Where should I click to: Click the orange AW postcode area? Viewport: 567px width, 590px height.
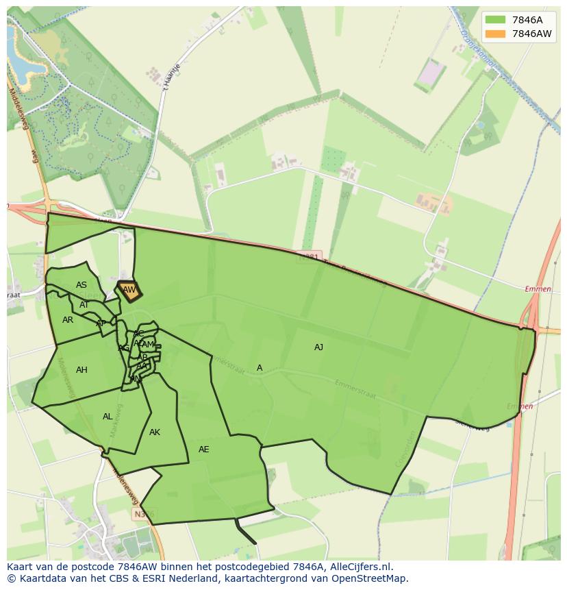(x=129, y=291)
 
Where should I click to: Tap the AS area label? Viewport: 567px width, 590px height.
(x=81, y=285)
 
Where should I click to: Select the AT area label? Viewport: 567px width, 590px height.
(x=84, y=305)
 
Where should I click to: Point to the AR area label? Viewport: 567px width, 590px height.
(x=67, y=320)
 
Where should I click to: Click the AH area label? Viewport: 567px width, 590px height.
(x=81, y=370)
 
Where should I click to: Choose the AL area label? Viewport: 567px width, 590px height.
(x=108, y=417)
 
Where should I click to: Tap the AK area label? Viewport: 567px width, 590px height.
(x=155, y=432)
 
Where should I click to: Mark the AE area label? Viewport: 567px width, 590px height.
(x=203, y=450)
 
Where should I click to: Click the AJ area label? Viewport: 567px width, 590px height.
(x=318, y=347)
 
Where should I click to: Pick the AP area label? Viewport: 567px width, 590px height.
(x=101, y=323)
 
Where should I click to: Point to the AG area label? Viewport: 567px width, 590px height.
(x=123, y=348)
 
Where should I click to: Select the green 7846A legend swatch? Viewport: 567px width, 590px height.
(x=495, y=20)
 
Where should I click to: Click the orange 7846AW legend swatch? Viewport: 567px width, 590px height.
(x=495, y=34)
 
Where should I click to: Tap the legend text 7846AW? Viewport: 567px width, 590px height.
(x=532, y=34)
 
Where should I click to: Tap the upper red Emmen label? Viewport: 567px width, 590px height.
(x=538, y=289)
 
